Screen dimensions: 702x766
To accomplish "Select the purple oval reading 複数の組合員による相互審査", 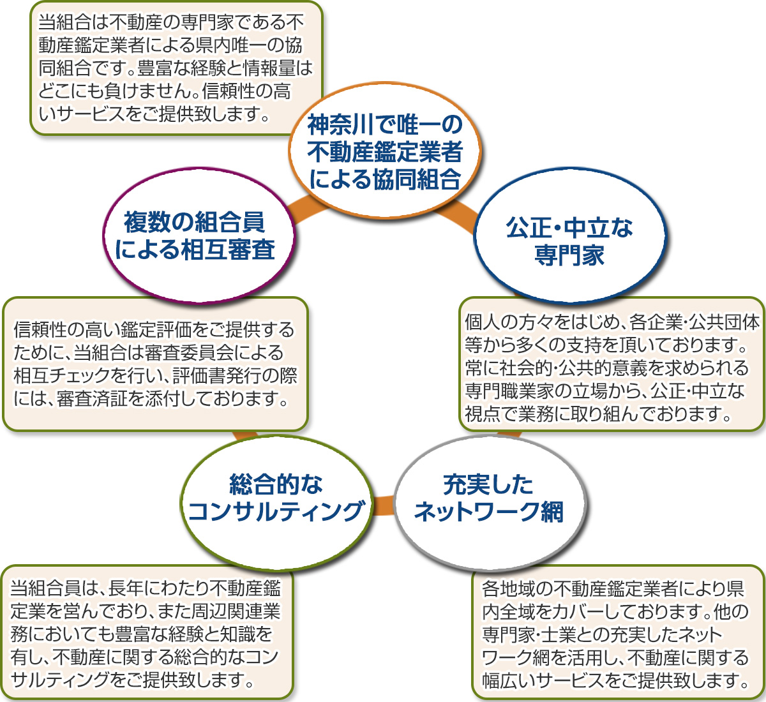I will (194, 236).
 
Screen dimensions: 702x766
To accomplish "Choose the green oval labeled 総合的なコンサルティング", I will (276, 498).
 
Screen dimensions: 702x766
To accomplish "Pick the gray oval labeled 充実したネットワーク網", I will (488, 498).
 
